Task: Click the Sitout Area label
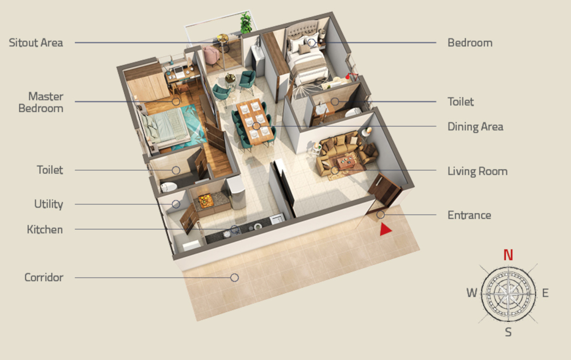click(x=36, y=43)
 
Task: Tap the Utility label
click(x=49, y=204)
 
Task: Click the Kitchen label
click(x=45, y=229)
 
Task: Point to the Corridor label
click(x=44, y=277)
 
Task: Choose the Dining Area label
click(x=475, y=126)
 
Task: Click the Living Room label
click(x=477, y=171)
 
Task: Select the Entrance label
click(x=469, y=215)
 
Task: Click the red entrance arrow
click(x=385, y=229)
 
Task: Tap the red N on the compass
click(x=508, y=255)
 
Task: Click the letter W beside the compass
click(x=471, y=293)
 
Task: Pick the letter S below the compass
click(x=508, y=333)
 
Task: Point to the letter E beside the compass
click(x=545, y=293)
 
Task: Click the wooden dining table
click(x=254, y=121)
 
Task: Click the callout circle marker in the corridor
click(x=234, y=278)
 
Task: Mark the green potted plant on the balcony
click(x=246, y=23)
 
